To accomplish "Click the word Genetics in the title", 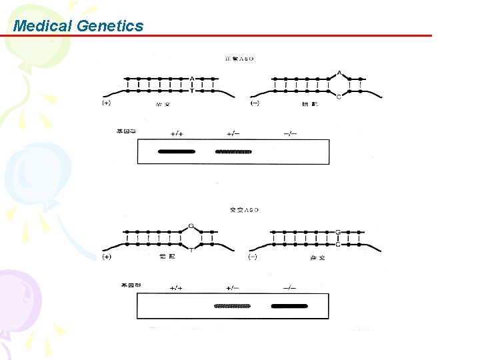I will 110,26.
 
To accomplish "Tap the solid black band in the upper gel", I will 177,151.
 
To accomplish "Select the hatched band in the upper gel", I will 233,151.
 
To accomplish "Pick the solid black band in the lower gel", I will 290,306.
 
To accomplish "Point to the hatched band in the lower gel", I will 233,306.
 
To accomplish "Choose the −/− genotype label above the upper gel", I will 290,133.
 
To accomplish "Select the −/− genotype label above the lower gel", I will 290,288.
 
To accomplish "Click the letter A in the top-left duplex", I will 192,79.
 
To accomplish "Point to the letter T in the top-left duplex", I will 192,91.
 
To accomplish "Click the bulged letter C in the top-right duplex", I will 339,97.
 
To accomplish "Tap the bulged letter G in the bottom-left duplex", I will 191,225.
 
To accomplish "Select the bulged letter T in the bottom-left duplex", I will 191,250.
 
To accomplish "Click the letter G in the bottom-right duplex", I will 338,232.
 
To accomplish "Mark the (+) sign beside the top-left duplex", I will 107,103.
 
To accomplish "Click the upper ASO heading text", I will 241,59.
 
